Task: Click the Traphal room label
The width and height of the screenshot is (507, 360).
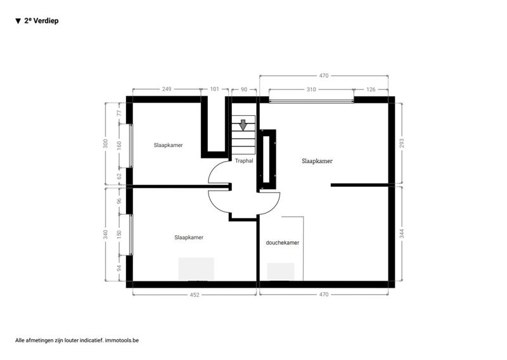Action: pos(244,161)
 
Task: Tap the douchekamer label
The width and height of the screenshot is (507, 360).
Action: pos(282,243)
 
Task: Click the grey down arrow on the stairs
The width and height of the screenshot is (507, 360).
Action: pos(243,125)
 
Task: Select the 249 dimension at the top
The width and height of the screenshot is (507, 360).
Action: pos(167,89)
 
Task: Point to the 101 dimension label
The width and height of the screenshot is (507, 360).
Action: pos(214,89)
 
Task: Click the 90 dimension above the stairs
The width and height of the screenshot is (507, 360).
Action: pos(244,89)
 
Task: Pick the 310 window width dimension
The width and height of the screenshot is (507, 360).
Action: pos(311,89)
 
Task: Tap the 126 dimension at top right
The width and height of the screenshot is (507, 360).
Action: pos(371,89)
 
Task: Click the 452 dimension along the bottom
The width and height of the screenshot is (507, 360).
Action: pos(195,295)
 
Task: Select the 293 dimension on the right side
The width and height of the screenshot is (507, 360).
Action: pos(402,143)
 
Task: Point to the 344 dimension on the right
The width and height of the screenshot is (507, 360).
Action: pos(402,233)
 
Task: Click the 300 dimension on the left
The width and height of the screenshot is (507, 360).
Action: pos(105,144)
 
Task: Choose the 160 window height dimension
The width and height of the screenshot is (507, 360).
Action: pos(119,146)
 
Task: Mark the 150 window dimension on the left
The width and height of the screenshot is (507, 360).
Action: pos(119,234)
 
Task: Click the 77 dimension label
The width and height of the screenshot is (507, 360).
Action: pos(119,113)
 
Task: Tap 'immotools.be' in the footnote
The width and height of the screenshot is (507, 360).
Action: pos(122,340)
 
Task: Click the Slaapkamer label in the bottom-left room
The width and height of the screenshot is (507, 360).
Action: pos(189,238)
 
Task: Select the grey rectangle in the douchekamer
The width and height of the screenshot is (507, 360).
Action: pos(281,272)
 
